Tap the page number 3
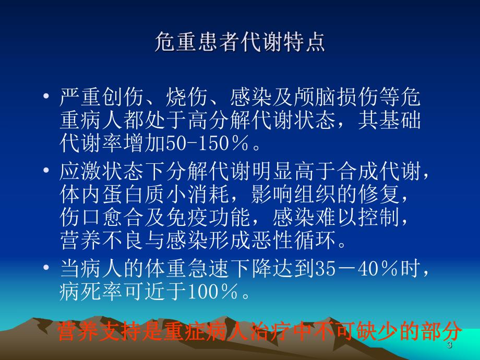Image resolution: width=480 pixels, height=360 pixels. click(x=449, y=347)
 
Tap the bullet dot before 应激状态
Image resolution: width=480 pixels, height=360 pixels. click(x=48, y=171)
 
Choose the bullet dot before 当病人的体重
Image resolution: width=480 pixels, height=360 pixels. click(x=48, y=268)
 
